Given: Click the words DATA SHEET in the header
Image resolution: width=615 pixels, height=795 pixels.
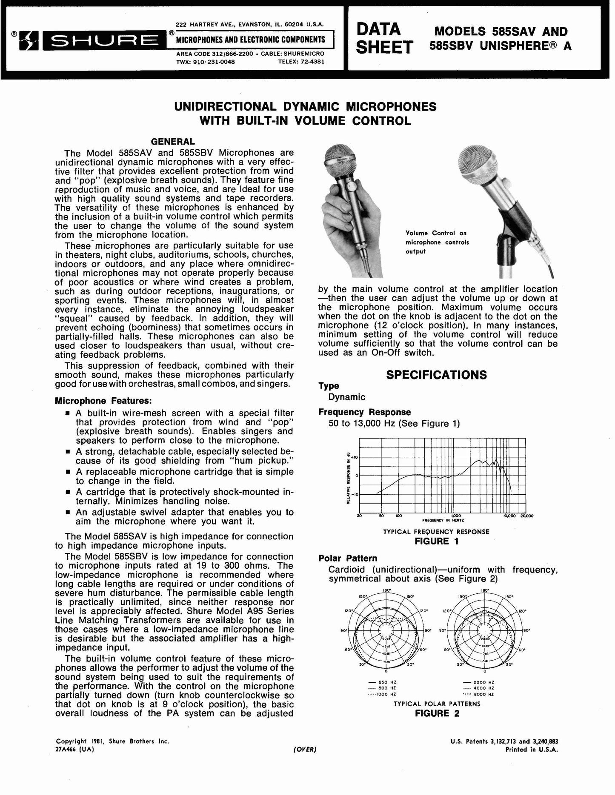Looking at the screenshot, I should click(384, 38).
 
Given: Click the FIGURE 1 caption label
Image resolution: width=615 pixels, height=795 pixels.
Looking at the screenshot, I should click(436, 541).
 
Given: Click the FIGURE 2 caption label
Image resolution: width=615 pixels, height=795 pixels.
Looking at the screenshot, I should click(437, 713).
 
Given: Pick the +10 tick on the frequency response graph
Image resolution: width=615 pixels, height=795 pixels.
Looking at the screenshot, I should click(355, 457).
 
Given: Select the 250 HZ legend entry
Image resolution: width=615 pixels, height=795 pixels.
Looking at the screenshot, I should click(382, 682).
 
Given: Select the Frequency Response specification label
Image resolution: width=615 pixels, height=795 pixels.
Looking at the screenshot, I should click(365, 412).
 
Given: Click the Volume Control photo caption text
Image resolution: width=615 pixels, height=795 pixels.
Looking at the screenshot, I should click(437, 242).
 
